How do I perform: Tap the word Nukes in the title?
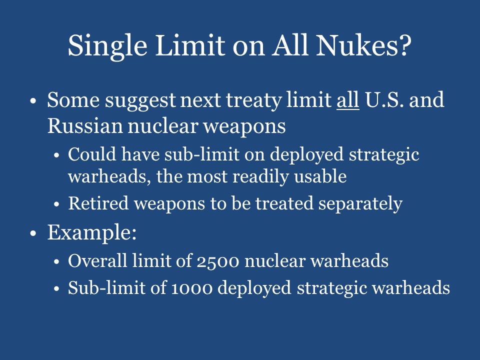click(362, 45)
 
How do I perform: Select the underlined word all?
click(347, 100)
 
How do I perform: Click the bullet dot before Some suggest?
click(33, 100)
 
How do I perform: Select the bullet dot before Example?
click(33, 233)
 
